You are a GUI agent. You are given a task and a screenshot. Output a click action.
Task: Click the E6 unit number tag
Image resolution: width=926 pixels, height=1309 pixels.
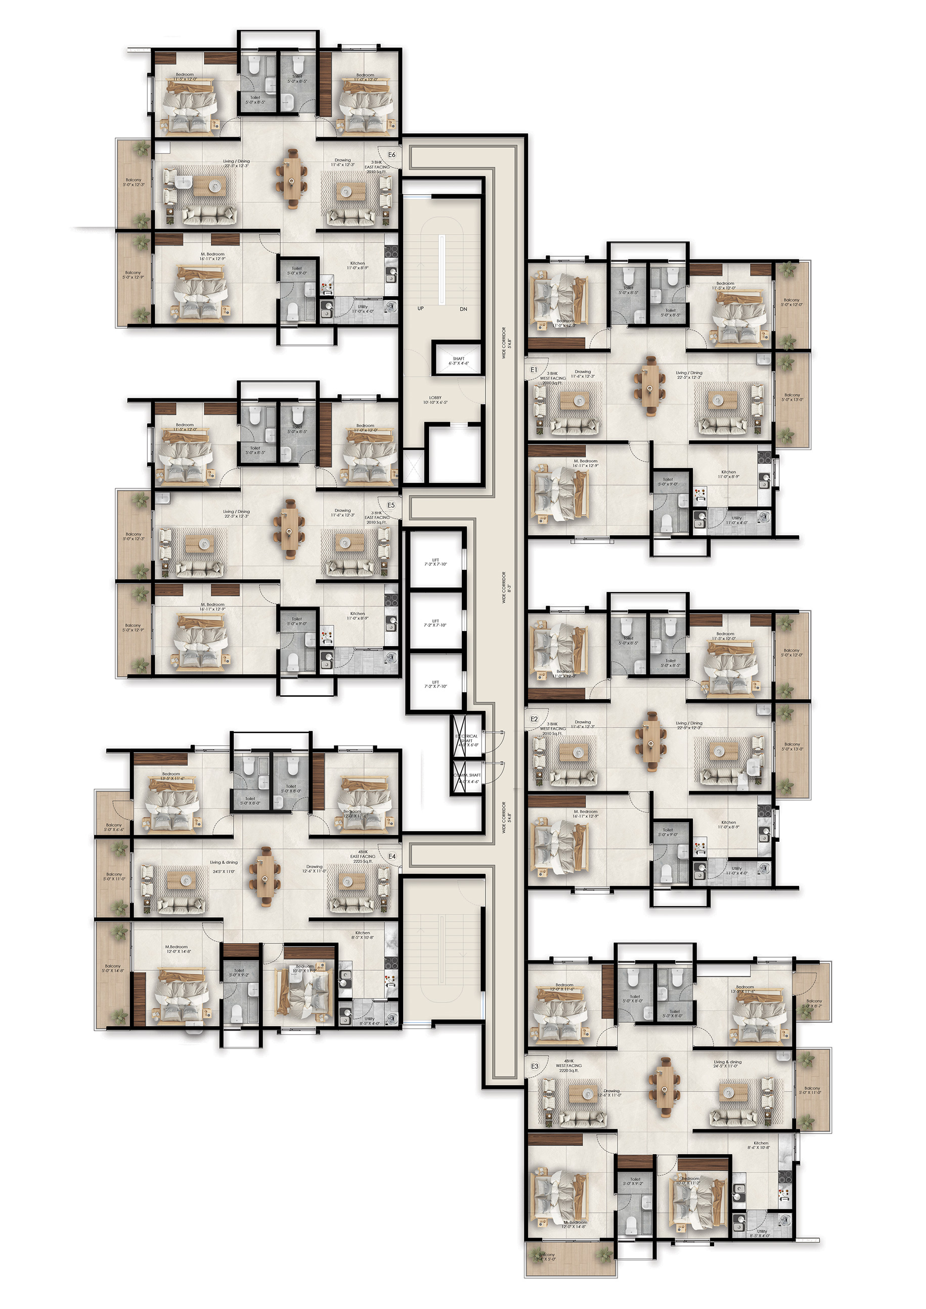pyautogui.click(x=392, y=155)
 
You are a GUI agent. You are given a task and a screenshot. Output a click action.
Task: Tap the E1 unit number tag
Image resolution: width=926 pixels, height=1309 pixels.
pyautogui.click(x=534, y=370)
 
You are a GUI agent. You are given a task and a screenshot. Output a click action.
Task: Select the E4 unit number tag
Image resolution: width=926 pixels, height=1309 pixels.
pyautogui.click(x=392, y=856)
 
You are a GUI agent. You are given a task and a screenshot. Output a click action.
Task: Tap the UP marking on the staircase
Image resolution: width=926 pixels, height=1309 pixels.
pyautogui.click(x=420, y=308)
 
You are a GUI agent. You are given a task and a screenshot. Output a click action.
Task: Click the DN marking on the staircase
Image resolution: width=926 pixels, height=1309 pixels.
pyautogui.click(x=464, y=309)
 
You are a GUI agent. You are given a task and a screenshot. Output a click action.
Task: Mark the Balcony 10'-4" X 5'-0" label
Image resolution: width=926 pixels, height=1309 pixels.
pyautogui.click(x=546, y=1257)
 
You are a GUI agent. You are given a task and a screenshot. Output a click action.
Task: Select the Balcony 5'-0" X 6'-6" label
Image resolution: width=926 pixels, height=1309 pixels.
pyautogui.click(x=113, y=827)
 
